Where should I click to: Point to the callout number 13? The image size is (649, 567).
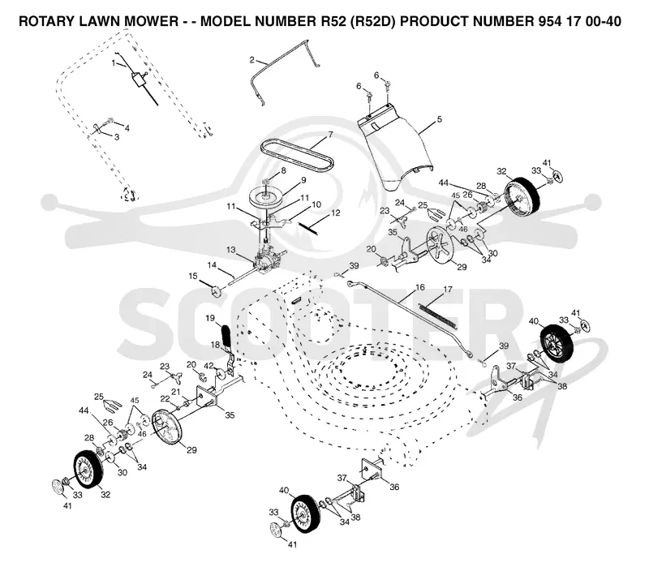point(230,250)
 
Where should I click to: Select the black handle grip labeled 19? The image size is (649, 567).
point(227,336)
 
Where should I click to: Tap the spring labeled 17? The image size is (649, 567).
point(438,316)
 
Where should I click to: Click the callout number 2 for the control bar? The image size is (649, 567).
point(251,60)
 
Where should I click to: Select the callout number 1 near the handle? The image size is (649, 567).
point(114,63)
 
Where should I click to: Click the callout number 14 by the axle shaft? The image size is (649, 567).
point(212,265)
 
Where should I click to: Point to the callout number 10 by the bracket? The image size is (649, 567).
point(316,204)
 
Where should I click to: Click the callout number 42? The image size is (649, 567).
point(208,366)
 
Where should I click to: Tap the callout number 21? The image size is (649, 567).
point(176,391)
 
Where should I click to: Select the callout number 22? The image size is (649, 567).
point(165,398)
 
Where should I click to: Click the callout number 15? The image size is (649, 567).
point(193,276)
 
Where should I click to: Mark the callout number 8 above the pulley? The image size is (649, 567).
point(283,170)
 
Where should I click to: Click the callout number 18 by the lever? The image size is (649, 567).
point(215,345)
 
